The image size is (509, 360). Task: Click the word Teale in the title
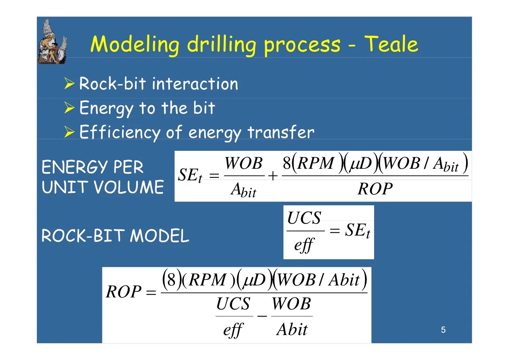tap(391, 44)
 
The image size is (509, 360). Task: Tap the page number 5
tap(443, 330)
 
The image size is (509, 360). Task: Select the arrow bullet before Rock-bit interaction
tap(69, 84)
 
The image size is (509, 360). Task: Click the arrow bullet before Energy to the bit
tap(69, 108)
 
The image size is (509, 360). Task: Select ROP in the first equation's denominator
tap(375, 189)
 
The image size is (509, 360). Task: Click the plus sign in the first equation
tap(273, 176)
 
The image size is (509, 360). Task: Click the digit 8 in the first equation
tap(287, 163)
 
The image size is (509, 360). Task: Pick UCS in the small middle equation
tap(304, 218)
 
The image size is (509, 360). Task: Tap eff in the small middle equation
tap(304, 245)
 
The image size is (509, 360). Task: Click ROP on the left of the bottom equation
tap(123, 292)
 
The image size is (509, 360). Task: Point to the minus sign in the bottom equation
tap(262, 316)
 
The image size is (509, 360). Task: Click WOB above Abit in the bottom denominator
tap(291, 304)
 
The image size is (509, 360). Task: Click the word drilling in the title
tap(221, 45)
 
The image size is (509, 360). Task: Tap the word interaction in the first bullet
tap(195, 84)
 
